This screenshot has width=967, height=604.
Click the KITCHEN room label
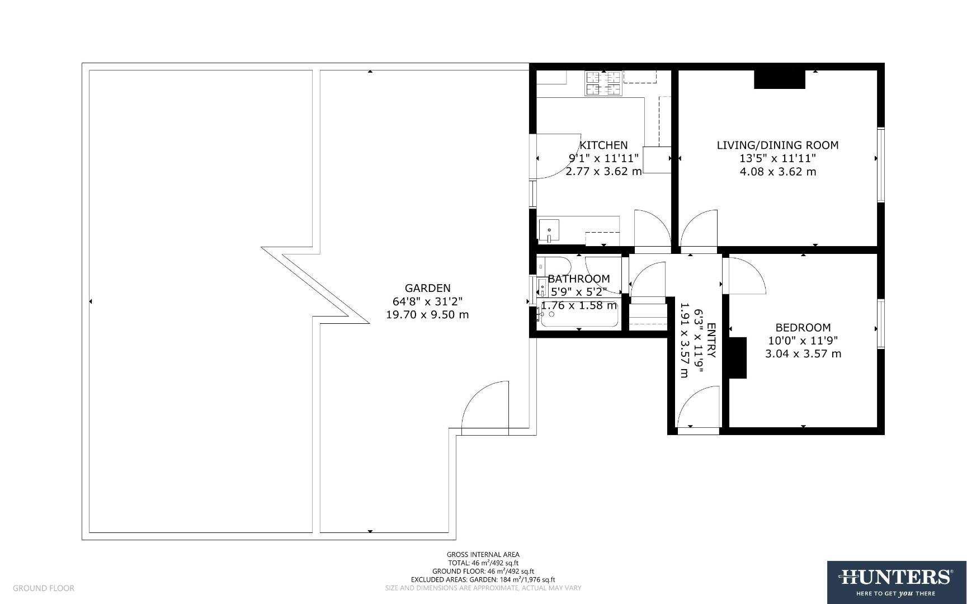pyautogui.click(x=603, y=145)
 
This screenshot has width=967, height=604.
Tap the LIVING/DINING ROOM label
pyautogui.click(x=777, y=145)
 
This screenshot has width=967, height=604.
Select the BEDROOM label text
pyautogui.click(x=803, y=327)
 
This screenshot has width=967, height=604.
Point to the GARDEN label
pyautogui.click(x=427, y=288)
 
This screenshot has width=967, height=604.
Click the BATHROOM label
pyautogui.click(x=578, y=279)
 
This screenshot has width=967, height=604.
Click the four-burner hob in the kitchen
pyautogui.click(x=603, y=83)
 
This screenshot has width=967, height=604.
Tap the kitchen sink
pyautogui.click(x=549, y=230)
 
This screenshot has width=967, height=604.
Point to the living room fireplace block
pyautogui.click(x=779, y=79)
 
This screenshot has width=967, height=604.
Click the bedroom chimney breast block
pyautogui.click(x=738, y=358)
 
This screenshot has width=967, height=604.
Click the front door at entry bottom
pyautogui.click(x=697, y=408)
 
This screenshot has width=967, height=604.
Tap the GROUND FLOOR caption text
pyautogui.click(x=44, y=588)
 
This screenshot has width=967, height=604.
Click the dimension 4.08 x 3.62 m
pyautogui.click(x=777, y=172)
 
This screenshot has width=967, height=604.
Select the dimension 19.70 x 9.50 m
pyautogui.click(x=427, y=314)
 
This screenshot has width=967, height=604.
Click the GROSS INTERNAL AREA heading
pyautogui.click(x=483, y=555)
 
